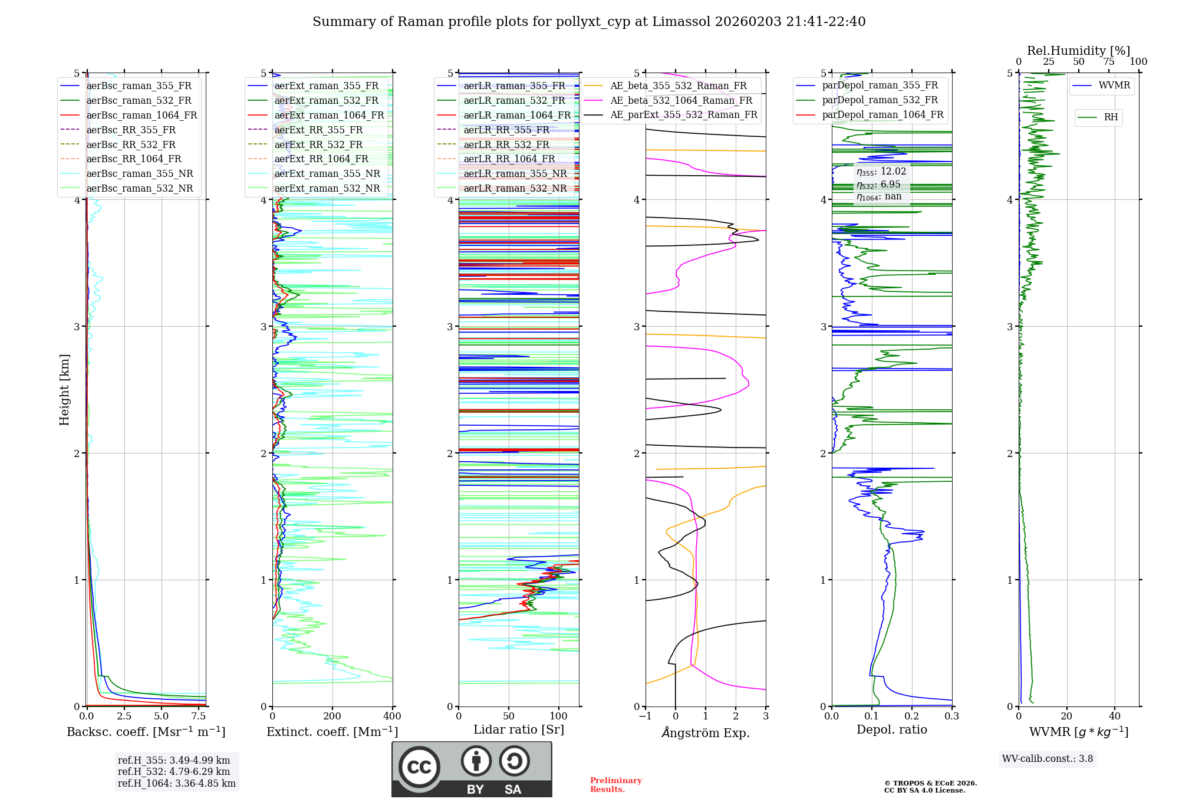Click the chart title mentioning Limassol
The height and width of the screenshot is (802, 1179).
click(x=588, y=22)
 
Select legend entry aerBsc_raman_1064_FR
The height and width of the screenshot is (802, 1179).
click(x=141, y=115)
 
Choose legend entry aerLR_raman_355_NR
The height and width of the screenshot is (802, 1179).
click(x=515, y=173)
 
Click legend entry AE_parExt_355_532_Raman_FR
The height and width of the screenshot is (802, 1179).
click(x=683, y=114)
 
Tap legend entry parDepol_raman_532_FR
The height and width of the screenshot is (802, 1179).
click(x=880, y=100)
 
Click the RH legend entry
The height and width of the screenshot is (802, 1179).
click(x=1111, y=117)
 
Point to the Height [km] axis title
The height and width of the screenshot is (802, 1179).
click(x=64, y=389)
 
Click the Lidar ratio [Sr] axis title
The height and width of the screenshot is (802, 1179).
click(x=519, y=729)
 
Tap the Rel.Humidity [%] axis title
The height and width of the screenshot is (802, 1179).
click(x=1078, y=51)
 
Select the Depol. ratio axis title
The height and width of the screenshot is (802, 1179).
click(x=891, y=729)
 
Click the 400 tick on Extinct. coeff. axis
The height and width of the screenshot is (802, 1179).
click(x=393, y=716)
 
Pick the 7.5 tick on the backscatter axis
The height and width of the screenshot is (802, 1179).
click(x=199, y=716)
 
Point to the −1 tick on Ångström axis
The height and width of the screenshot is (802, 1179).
click(x=645, y=716)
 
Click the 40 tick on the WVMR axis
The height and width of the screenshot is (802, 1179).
click(x=1115, y=716)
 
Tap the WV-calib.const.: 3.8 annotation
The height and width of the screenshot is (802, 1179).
click(x=1048, y=758)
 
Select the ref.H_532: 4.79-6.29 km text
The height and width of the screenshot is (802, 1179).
click(x=173, y=771)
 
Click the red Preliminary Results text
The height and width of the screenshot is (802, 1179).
click(x=615, y=784)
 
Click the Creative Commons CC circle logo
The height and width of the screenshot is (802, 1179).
click(x=419, y=767)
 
